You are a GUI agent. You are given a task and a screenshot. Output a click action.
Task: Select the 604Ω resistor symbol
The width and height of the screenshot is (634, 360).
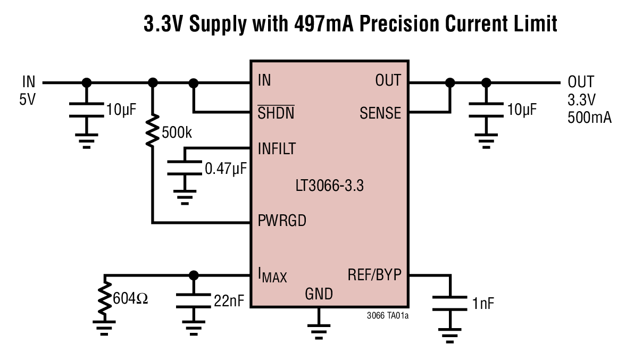[105, 300]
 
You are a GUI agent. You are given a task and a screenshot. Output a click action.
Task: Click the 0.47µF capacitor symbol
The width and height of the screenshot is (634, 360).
[185, 169]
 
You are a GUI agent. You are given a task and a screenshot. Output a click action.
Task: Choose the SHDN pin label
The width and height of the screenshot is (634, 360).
[276, 113]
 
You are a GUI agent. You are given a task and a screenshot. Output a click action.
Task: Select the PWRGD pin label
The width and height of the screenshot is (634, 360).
[282, 220]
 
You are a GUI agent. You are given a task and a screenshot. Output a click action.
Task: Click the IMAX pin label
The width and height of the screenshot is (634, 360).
[272, 276]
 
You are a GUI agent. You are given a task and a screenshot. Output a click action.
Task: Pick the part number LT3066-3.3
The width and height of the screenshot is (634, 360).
[330, 186]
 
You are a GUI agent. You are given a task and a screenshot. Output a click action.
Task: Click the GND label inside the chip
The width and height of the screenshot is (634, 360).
[319, 294]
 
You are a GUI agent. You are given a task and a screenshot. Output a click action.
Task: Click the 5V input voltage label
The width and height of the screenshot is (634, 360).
[27, 99]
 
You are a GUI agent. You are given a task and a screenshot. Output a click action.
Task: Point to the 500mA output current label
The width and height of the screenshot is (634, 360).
[589, 118]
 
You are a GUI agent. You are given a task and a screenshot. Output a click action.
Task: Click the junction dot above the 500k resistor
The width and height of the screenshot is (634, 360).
[153, 82]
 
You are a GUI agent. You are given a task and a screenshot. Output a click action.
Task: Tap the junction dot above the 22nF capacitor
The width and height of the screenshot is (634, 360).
[194, 275]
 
